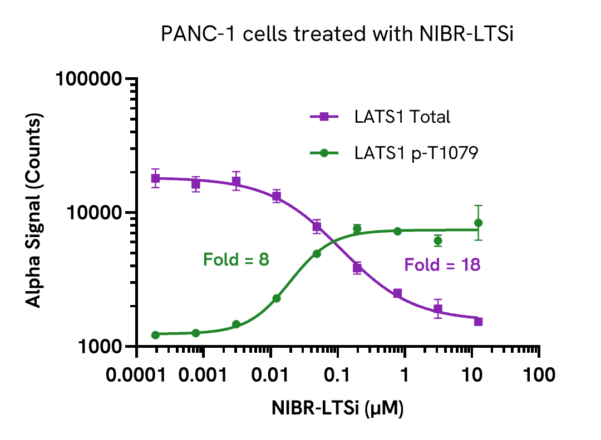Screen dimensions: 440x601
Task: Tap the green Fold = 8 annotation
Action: point(236,259)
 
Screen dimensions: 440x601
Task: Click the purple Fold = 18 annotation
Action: point(442,265)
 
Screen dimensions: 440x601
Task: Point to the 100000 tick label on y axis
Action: point(89,79)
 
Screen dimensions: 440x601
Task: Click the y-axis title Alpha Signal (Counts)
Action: point(35,212)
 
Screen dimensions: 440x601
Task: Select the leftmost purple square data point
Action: point(156,178)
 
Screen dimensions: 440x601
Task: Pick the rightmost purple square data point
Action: point(478,322)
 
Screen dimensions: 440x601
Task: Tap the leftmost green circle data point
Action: point(156,334)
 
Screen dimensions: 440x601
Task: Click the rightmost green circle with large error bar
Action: point(478,223)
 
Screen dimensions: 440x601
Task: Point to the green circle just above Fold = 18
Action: point(438,241)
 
